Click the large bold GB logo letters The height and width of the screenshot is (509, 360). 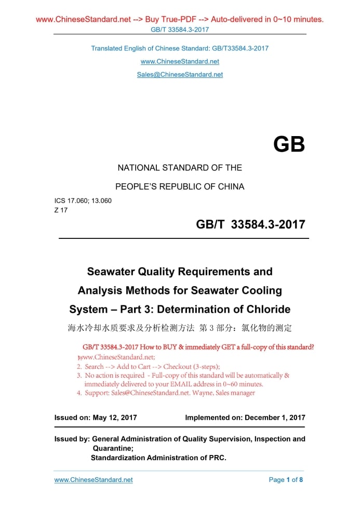(x=289, y=144)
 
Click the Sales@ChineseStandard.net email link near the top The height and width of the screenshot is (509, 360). (x=180, y=75)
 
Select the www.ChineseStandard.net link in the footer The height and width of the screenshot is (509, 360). (x=94, y=480)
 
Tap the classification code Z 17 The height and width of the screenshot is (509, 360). (x=61, y=210)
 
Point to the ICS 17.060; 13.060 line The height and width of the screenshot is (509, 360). (x=83, y=200)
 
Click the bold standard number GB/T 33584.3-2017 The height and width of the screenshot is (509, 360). (x=250, y=225)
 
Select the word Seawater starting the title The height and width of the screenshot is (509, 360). (x=111, y=272)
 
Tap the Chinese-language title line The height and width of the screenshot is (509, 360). (x=180, y=328)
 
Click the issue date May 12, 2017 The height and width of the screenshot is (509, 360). (x=115, y=418)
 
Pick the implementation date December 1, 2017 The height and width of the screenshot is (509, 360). (x=275, y=418)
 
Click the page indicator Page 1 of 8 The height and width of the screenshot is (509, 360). (x=286, y=480)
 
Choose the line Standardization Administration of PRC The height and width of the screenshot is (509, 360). (x=158, y=458)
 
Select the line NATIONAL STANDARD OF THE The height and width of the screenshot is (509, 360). (x=180, y=168)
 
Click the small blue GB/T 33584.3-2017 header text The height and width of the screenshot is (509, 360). (x=180, y=30)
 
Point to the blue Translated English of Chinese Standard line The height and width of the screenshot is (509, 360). (x=180, y=48)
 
